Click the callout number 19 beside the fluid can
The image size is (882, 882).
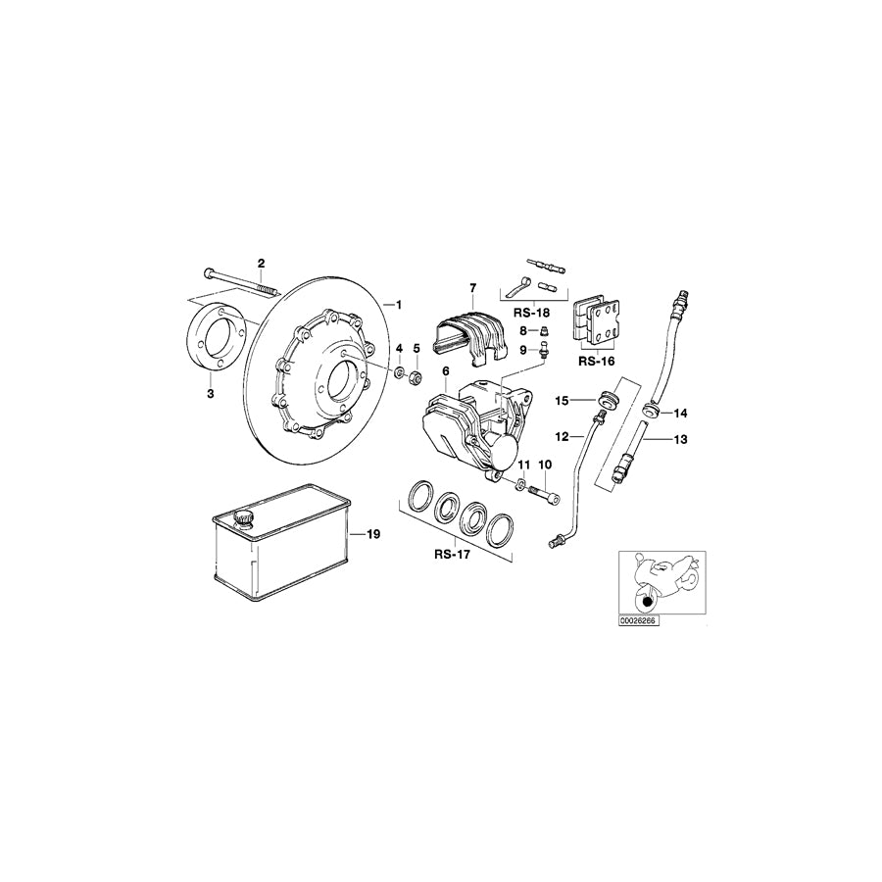click(x=372, y=534)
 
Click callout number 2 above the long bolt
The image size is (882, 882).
click(x=262, y=263)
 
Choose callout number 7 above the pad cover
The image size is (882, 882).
click(x=471, y=287)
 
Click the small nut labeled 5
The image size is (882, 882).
click(x=416, y=375)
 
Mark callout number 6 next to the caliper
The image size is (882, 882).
click(x=445, y=371)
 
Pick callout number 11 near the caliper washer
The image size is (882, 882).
click(x=523, y=464)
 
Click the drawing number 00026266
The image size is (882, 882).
click(x=638, y=619)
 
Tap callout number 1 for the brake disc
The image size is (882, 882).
click(x=398, y=303)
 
